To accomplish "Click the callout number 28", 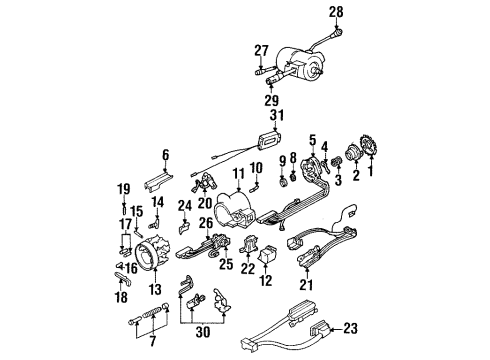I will tap(336, 12).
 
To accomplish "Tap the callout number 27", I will tap(262, 50).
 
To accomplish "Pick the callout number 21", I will tap(304, 285).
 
